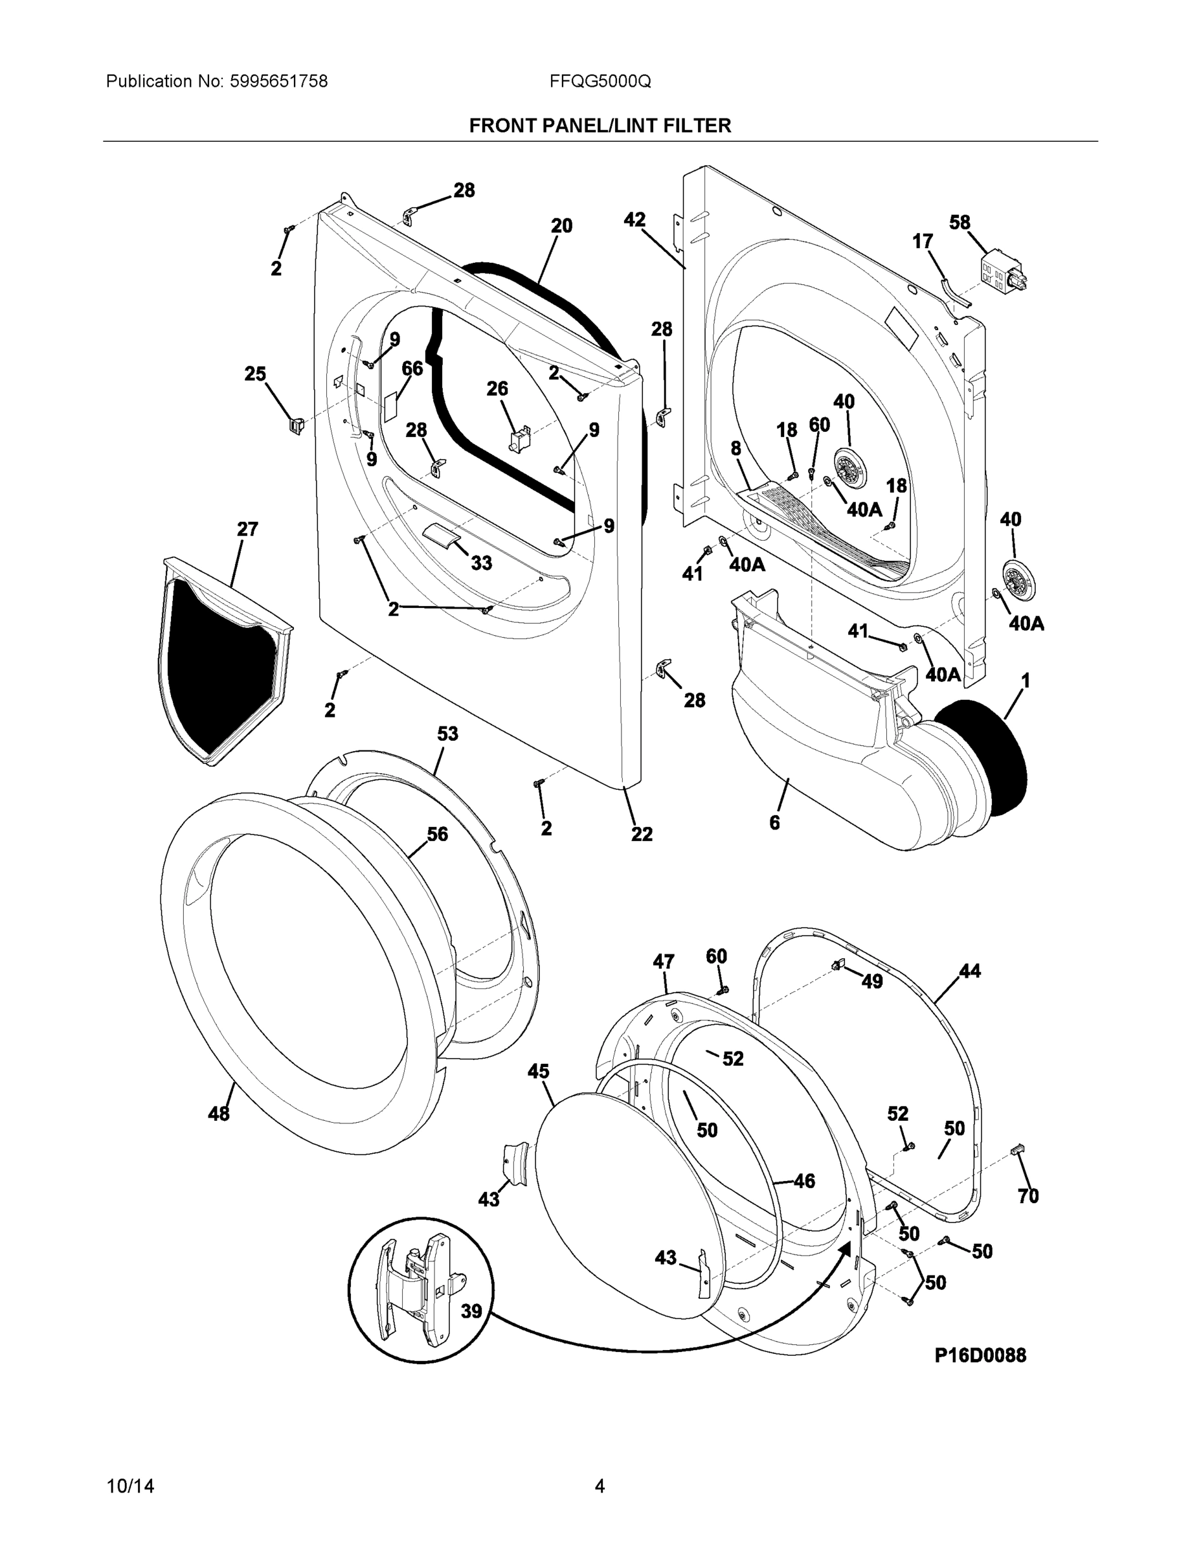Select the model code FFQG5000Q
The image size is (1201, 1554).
(600, 82)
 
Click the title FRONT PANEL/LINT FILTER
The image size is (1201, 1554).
(600, 126)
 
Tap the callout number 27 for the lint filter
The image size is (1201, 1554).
(247, 530)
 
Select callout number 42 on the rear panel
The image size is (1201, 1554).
(634, 220)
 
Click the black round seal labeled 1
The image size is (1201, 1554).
(985, 758)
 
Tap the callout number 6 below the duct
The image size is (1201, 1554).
(774, 822)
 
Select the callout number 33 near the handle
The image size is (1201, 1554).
(481, 563)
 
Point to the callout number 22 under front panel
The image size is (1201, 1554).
(641, 834)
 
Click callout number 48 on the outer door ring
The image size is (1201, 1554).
(218, 1114)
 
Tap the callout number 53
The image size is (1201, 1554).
(447, 734)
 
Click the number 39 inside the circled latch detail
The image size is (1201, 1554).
(471, 1311)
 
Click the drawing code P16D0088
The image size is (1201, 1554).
(980, 1355)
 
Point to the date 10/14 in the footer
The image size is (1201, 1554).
(130, 1487)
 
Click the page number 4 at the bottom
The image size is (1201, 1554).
(600, 1487)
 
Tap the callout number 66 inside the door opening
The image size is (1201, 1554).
(412, 368)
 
